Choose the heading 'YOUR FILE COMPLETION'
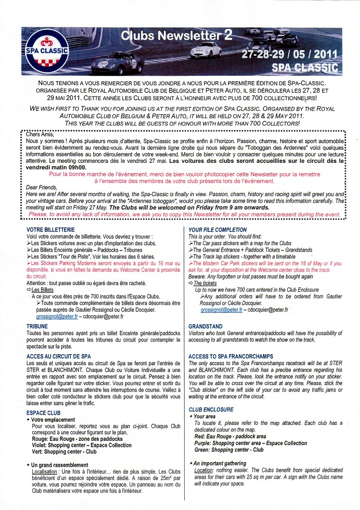[x=218, y=229]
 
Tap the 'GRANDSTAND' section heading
[x=205, y=327]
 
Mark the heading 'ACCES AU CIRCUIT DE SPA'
[x=58, y=356]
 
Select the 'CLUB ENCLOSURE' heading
[x=211, y=409]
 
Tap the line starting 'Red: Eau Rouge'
[x=230, y=436]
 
